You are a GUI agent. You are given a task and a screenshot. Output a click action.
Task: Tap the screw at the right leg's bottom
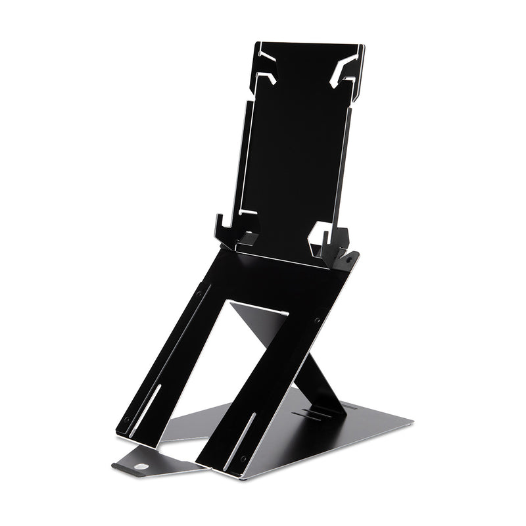point(243,458)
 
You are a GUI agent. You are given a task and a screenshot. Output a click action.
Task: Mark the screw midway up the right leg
point(316,320)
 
